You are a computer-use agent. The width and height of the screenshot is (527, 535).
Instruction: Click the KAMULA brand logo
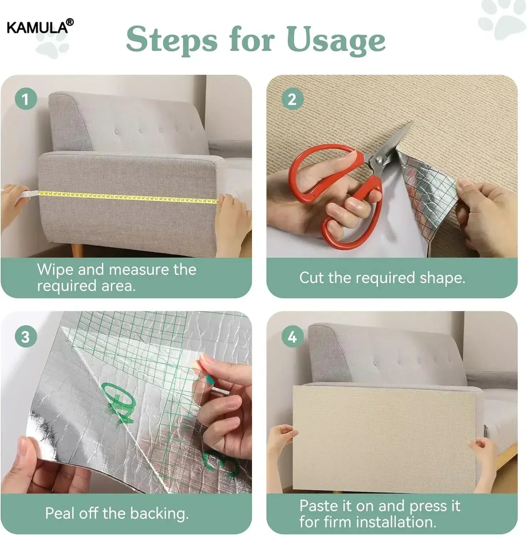40,27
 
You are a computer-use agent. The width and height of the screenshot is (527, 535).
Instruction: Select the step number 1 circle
26,99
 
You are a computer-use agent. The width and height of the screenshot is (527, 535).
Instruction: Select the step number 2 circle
292,99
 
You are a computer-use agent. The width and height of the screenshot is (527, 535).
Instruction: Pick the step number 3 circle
26,337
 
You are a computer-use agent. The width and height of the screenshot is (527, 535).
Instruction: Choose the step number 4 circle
292,337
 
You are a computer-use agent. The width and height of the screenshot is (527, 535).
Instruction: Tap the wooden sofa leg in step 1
77,249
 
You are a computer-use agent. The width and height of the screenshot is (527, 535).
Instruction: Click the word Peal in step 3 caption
60,513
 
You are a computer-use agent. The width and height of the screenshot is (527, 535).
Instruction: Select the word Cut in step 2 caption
311,277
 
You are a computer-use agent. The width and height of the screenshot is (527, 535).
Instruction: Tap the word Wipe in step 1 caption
55,270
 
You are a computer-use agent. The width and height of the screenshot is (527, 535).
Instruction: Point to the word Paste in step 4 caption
319,506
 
